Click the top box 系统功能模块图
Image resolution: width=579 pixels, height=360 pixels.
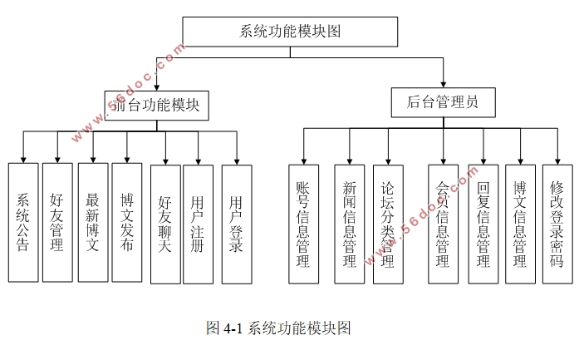point(290,32)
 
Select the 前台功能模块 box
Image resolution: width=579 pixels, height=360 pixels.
point(156,105)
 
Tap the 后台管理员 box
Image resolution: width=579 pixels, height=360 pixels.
point(444,102)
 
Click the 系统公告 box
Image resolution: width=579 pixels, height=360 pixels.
point(23,222)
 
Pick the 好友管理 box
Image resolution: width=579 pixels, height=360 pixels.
point(57,222)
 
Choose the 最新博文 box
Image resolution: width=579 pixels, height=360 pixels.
point(93,222)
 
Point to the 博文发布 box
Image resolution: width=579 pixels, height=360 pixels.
point(126,222)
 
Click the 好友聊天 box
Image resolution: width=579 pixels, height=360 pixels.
point(165,224)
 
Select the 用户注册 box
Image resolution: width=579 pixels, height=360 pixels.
point(199,224)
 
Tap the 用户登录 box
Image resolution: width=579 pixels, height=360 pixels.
point(237,224)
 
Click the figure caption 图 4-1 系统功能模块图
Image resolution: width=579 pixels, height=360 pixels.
point(278,328)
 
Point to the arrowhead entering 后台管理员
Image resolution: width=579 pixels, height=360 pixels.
point(444,84)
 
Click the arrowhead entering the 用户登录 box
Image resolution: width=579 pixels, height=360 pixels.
point(237,160)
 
